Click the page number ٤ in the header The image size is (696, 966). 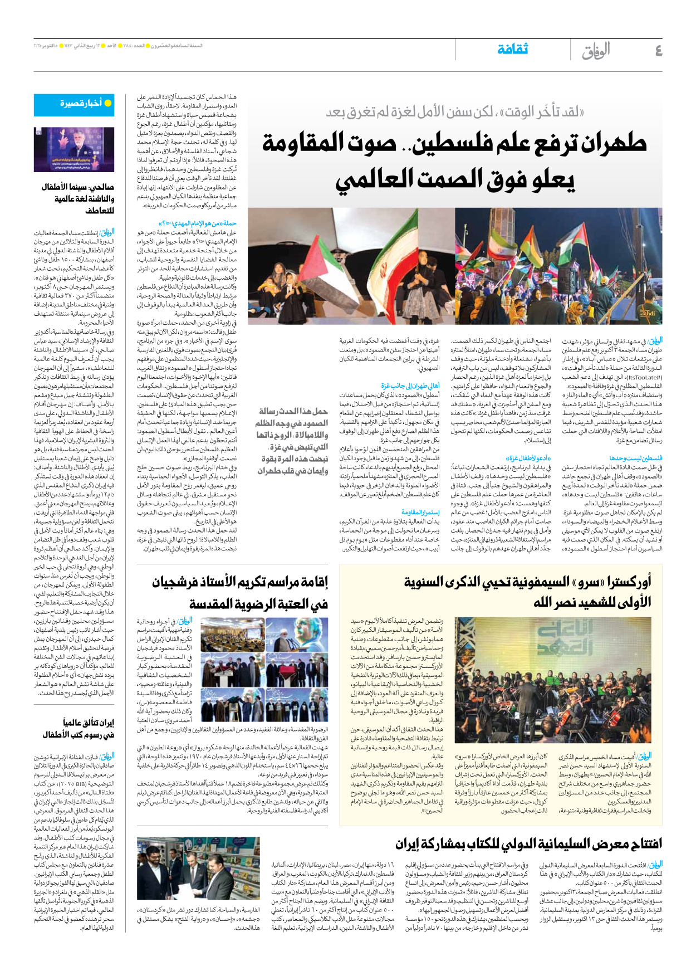pyautogui.click(x=658, y=51)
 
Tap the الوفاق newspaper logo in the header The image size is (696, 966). pyautogui.click(x=596, y=51)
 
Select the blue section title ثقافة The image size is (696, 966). pyautogui.click(x=512, y=50)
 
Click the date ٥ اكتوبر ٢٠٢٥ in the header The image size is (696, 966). pyautogui.click(x=48, y=45)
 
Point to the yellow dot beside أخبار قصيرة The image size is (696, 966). pyautogui.click(x=108, y=103)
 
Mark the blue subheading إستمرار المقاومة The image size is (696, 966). pyautogui.click(x=420, y=512)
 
